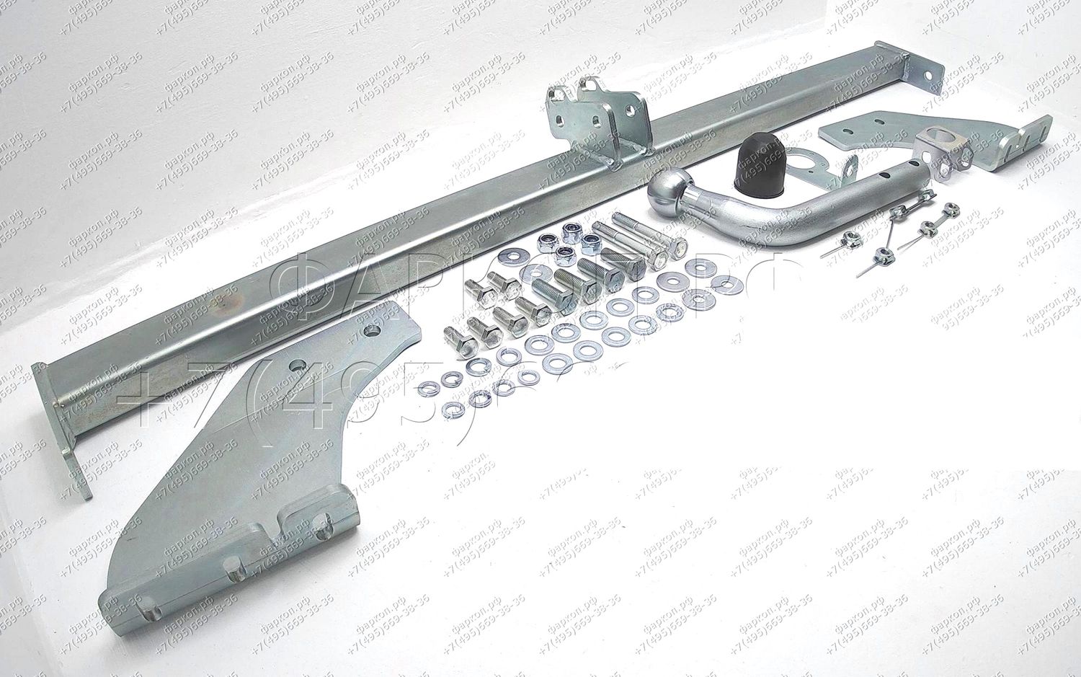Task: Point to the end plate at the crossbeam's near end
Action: click(x=61, y=425)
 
